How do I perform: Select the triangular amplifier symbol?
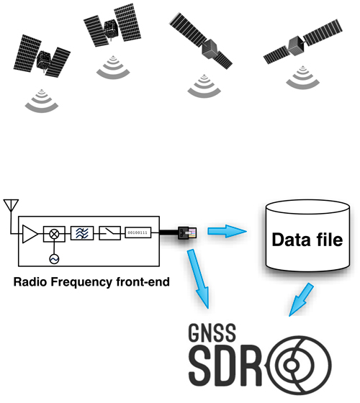point(30,234)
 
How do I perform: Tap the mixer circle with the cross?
point(54,234)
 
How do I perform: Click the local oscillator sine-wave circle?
point(54,259)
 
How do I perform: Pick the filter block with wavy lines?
point(82,233)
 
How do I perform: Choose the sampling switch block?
point(109,233)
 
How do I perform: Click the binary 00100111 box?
point(138,232)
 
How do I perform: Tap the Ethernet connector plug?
point(187,232)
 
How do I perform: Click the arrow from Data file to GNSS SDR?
point(301,299)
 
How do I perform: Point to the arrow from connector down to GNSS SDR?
point(198,279)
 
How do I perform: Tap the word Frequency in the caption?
point(81,282)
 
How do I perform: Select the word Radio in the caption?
point(30,281)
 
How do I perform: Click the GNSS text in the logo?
point(212,332)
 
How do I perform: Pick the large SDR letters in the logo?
point(225,366)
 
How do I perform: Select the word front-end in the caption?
point(143,281)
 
